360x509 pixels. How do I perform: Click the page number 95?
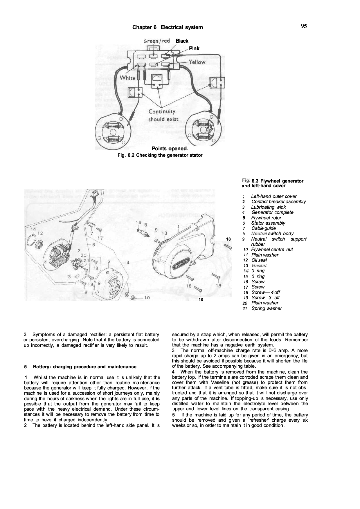tap(304, 26)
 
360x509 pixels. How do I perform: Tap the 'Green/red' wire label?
tap(156, 41)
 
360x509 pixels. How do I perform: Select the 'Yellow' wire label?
tap(197, 62)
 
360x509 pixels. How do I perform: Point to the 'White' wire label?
tap(127, 78)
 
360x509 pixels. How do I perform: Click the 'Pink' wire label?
tap(194, 48)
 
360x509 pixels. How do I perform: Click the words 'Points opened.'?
tap(170, 149)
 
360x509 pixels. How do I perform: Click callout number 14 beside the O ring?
tap(33, 229)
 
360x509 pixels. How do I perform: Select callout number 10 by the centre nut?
tap(147, 297)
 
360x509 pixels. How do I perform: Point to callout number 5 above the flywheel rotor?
tap(109, 261)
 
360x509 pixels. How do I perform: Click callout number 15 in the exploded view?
tap(138, 223)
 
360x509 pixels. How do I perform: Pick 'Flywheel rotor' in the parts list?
tap(266, 218)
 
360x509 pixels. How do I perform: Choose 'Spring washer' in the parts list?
tap(267, 308)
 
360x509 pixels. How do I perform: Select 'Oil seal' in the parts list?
tap(259, 260)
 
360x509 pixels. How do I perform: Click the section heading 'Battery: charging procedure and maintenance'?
tap(84, 367)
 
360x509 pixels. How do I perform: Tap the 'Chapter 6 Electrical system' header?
tap(168, 27)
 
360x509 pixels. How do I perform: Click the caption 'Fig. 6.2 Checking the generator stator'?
tap(160, 155)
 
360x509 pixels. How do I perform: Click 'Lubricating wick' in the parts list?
tap(268, 207)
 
